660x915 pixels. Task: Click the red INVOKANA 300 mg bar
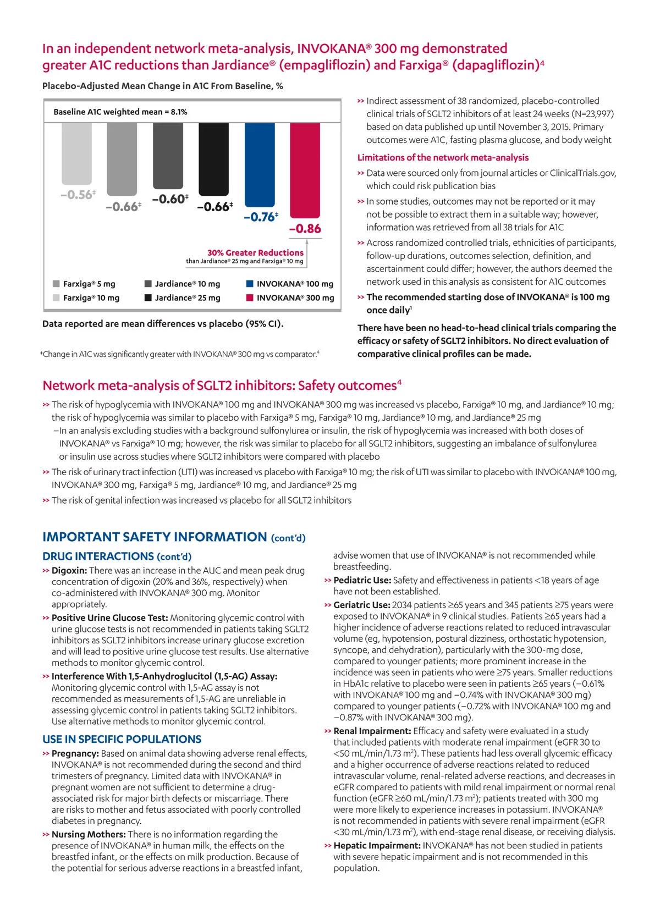[305, 170]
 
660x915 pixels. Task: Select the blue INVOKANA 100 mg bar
[260, 164]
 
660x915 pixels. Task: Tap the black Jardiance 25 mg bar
[213, 159]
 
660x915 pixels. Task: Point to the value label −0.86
[305, 229]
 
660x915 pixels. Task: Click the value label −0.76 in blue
[260, 217]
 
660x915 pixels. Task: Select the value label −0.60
[169, 199]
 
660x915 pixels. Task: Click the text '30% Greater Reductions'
[255, 252]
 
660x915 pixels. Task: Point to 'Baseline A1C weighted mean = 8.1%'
[120, 112]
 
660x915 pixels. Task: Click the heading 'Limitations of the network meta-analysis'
[443, 157]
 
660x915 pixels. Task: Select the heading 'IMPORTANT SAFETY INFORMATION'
[155, 537]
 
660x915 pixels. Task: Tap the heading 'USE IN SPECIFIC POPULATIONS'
[122, 739]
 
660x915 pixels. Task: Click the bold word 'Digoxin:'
[69, 571]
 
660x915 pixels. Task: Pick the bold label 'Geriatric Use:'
[361, 605]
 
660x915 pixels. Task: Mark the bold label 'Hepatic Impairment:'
[377, 845]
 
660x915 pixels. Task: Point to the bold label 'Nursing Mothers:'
[88, 834]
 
